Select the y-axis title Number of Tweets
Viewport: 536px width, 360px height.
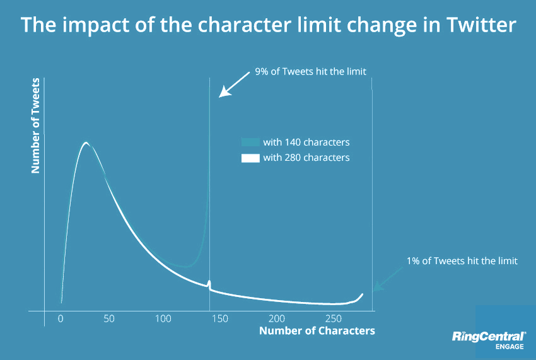[x=36, y=125]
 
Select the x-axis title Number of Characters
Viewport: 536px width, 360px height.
[x=317, y=330]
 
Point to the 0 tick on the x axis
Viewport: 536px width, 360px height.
[x=61, y=319]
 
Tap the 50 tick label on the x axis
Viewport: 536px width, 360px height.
[x=109, y=319]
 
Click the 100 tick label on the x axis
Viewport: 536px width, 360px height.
[x=163, y=319]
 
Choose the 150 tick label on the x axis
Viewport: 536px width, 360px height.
[x=220, y=319]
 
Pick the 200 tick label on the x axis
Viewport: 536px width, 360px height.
[x=276, y=319]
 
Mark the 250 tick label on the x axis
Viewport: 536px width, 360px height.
[x=332, y=319]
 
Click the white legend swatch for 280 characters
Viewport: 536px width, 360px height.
[x=250, y=158]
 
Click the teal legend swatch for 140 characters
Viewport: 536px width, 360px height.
[x=250, y=142]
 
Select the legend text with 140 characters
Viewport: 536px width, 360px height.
[x=306, y=142]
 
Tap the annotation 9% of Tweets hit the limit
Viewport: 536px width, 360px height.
[x=310, y=71]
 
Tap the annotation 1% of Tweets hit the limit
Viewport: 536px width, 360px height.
[x=462, y=260]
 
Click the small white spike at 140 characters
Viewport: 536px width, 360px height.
[x=209, y=284]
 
